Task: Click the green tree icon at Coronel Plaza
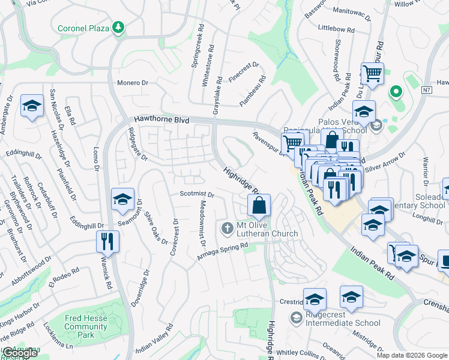pyautogui.click(x=119, y=28)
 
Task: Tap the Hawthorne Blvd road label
pyautogui.click(x=161, y=119)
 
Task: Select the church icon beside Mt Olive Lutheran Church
pyautogui.click(x=227, y=228)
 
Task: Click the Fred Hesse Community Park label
pyautogui.click(x=85, y=322)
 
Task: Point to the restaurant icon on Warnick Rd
pyautogui.click(x=107, y=241)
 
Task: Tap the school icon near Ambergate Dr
pyautogui.click(x=32, y=106)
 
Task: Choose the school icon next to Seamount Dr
pyautogui.click(x=122, y=199)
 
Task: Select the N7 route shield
pyautogui.click(x=426, y=90)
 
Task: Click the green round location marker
pyautogui.click(x=395, y=92)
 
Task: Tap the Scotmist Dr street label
pyautogui.click(x=197, y=194)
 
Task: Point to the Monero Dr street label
pyautogui.click(x=133, y=83)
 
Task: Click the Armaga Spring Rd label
pyautogui.click(x=223, y=252)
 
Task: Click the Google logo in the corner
pyautogui.click(x=20, y=353)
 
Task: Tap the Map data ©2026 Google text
pyautogui.click(x=411, y=355)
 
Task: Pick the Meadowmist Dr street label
pyautogui.click(x=203, y=222)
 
